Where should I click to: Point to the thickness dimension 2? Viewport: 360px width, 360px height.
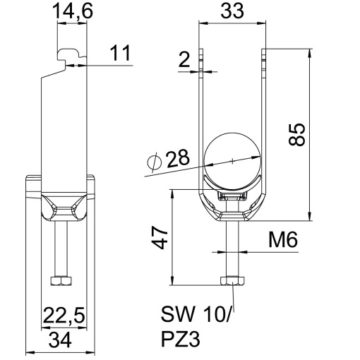185,61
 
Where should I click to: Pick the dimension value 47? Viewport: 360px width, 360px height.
160,237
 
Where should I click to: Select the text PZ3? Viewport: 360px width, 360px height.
181,339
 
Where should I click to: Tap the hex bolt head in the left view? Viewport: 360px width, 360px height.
61,281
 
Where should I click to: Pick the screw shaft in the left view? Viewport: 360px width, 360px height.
61,247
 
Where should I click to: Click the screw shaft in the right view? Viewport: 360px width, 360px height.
232,247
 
